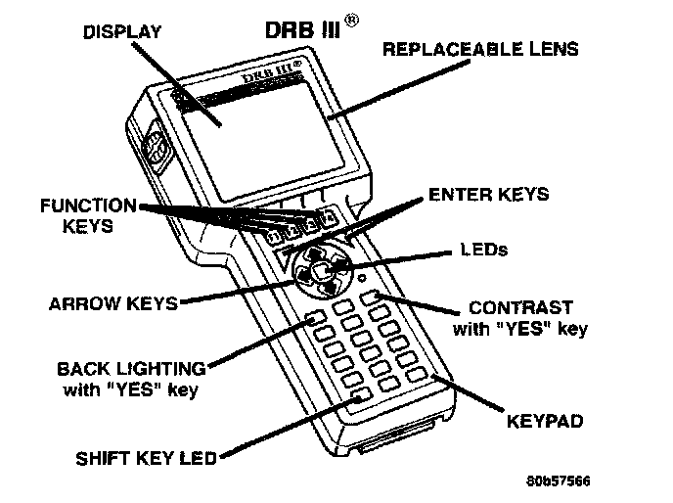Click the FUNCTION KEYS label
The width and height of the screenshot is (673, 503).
pos(87,215)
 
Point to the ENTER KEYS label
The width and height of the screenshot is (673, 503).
pos(489,196)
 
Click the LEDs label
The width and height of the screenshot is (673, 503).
pos(483,250)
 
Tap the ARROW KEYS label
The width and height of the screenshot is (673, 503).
pos(113,303)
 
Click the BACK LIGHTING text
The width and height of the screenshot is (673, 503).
pos(131,369)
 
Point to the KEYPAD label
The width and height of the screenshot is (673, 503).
pos(546,423)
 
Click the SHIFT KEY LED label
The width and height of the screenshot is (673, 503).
pos(147,457)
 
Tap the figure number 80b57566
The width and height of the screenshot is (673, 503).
pos(558,481)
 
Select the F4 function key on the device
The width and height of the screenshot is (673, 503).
pos(330,216)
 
